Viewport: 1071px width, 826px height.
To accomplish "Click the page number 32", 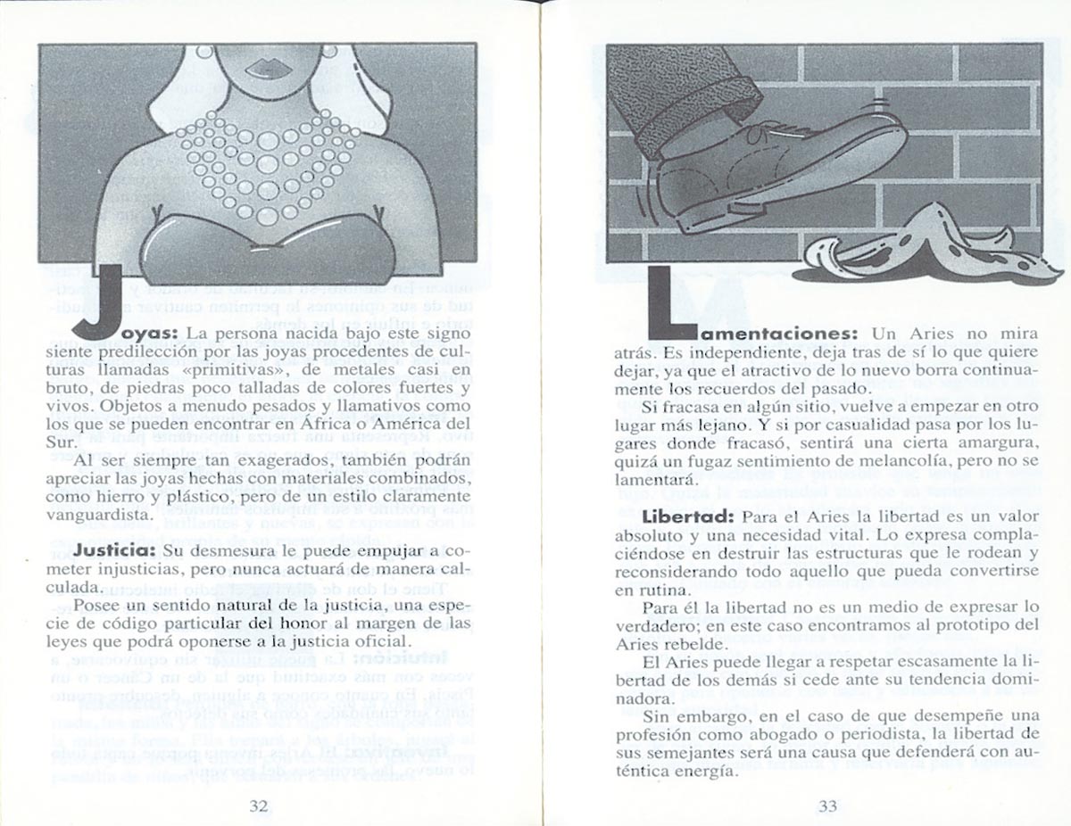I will (x=259, y=805).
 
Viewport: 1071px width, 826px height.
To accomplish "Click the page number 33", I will (x=826, y=805).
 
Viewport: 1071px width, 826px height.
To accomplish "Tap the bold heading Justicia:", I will (x=115, y=549).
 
